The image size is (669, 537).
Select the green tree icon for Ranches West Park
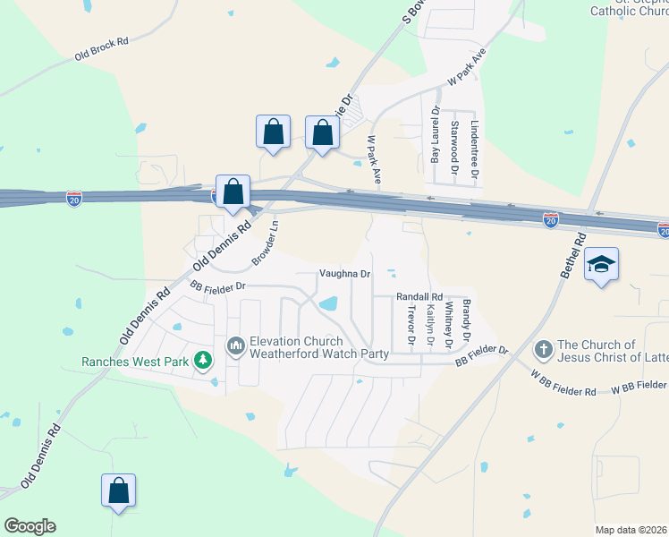tap(205, 361)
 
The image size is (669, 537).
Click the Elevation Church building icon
tap(236, 345)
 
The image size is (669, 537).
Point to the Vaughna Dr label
tap(344, 274)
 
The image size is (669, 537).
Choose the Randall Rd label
tap(419, 297)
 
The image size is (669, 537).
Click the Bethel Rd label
tap(573, 255)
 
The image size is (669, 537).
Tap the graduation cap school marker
tap(602, 265)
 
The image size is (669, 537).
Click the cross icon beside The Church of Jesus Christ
tap(542, 348)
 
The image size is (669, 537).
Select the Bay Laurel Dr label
tap(436, 134)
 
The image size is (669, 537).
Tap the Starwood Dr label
tap(455, 142)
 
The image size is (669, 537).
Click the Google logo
tap(30, 526)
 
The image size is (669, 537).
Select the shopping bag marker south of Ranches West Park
tap(118, 490)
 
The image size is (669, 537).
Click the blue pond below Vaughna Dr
tap(327, 303)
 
